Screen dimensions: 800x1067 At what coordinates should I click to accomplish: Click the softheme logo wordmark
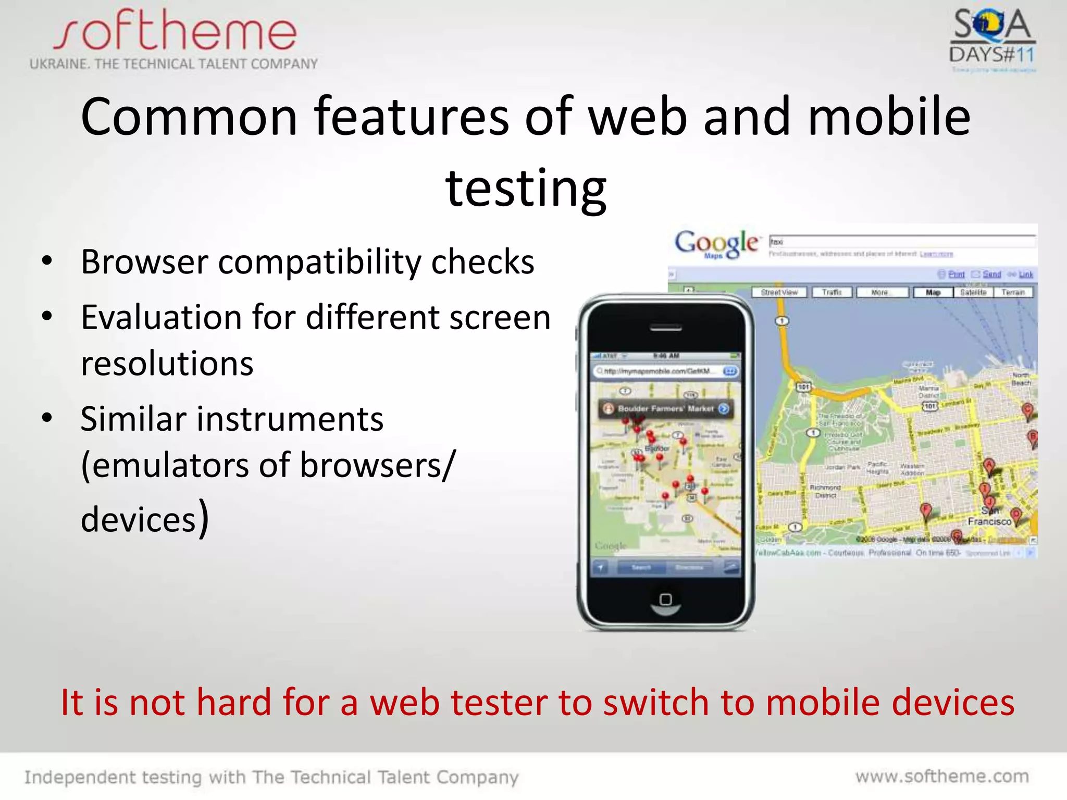(x=175, y=31)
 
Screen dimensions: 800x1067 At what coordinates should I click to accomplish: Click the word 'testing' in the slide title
(x=526, y=189)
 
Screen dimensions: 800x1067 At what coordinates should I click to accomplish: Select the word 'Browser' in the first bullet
(x=144, y=262)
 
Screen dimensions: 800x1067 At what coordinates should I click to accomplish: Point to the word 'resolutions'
(x=167, y=364)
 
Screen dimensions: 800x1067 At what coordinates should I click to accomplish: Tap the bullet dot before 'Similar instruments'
(x=47, y=418)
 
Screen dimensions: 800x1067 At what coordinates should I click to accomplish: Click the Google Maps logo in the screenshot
(x=716, y=244)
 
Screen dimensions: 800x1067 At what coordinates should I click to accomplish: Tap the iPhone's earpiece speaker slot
(x=666, y=329)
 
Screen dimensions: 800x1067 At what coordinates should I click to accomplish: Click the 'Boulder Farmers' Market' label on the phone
(x=665, y=409)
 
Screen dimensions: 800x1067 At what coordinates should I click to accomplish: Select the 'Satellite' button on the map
(x=973, y=293)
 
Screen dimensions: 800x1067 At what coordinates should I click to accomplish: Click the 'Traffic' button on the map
(x=832, y=293)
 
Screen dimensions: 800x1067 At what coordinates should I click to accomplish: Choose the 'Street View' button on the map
(x=779, y=293)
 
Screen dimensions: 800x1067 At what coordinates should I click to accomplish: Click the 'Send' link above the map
(x=991, y=274)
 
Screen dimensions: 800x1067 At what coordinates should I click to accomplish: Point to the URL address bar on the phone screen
(x=659, y=371)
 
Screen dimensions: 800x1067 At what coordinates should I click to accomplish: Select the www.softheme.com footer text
(x=942, y=777)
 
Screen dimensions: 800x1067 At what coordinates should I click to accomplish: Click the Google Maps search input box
(x=901, y=242)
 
